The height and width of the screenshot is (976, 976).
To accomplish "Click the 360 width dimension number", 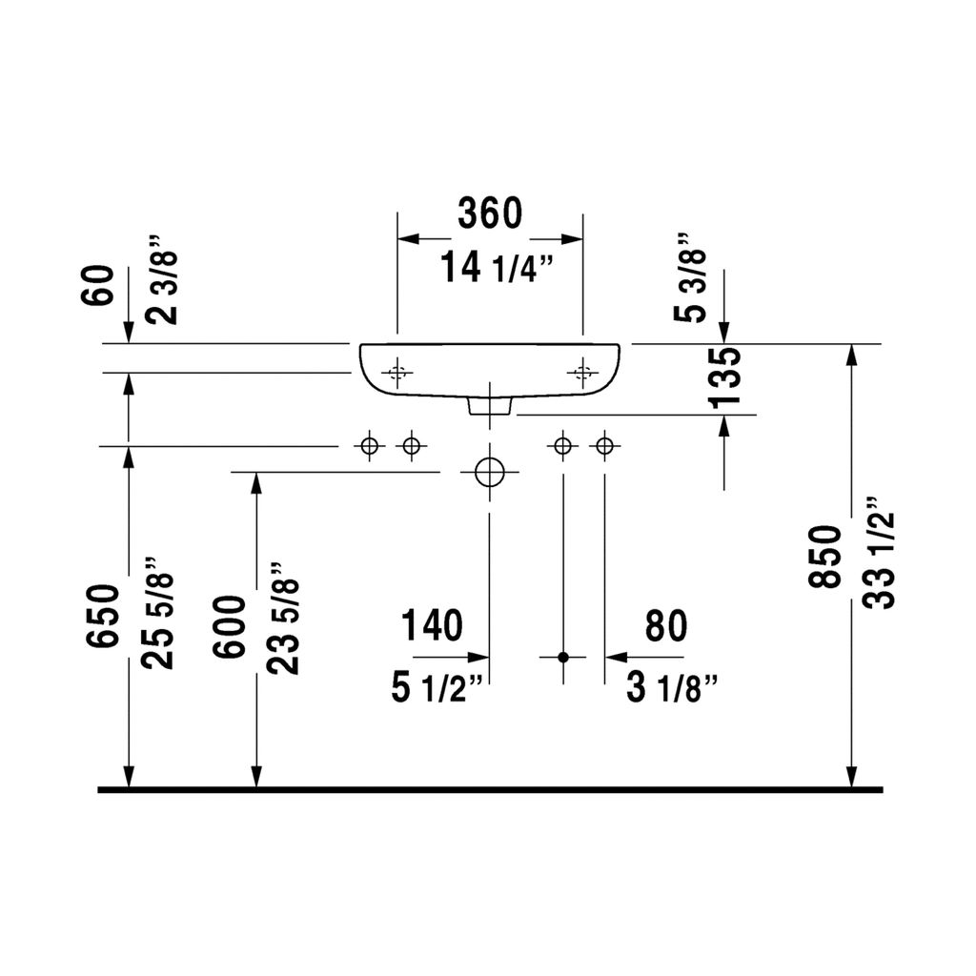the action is (490, 213).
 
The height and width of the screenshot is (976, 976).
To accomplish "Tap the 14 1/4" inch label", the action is (497, 268).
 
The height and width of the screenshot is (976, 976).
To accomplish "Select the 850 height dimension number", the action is (825, 557).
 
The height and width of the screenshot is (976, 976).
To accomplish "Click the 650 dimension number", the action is (103, 616).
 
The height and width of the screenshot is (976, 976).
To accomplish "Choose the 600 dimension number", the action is (230, 626).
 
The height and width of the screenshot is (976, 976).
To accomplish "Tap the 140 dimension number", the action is (432, 625).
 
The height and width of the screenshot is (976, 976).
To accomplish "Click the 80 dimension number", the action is (666, 626).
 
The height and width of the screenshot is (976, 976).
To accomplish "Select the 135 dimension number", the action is (725, 377).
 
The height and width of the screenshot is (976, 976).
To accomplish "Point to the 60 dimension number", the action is (98, 284).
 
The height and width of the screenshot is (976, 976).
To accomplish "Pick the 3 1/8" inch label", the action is (672, 688).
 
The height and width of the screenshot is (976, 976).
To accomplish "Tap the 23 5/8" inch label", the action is (284, 617).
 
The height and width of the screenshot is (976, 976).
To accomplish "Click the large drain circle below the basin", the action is (489, 472).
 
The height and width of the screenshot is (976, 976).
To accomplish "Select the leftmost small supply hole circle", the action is (369, 446).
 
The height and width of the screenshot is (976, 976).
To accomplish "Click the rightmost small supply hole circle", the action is (604, 446).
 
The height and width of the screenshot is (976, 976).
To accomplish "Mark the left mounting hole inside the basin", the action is (397, 373).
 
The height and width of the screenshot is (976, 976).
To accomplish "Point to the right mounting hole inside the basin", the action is (582, 373).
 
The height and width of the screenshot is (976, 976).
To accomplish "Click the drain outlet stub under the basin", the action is (490, 406).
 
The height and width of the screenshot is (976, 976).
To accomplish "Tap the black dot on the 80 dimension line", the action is (563, 657).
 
